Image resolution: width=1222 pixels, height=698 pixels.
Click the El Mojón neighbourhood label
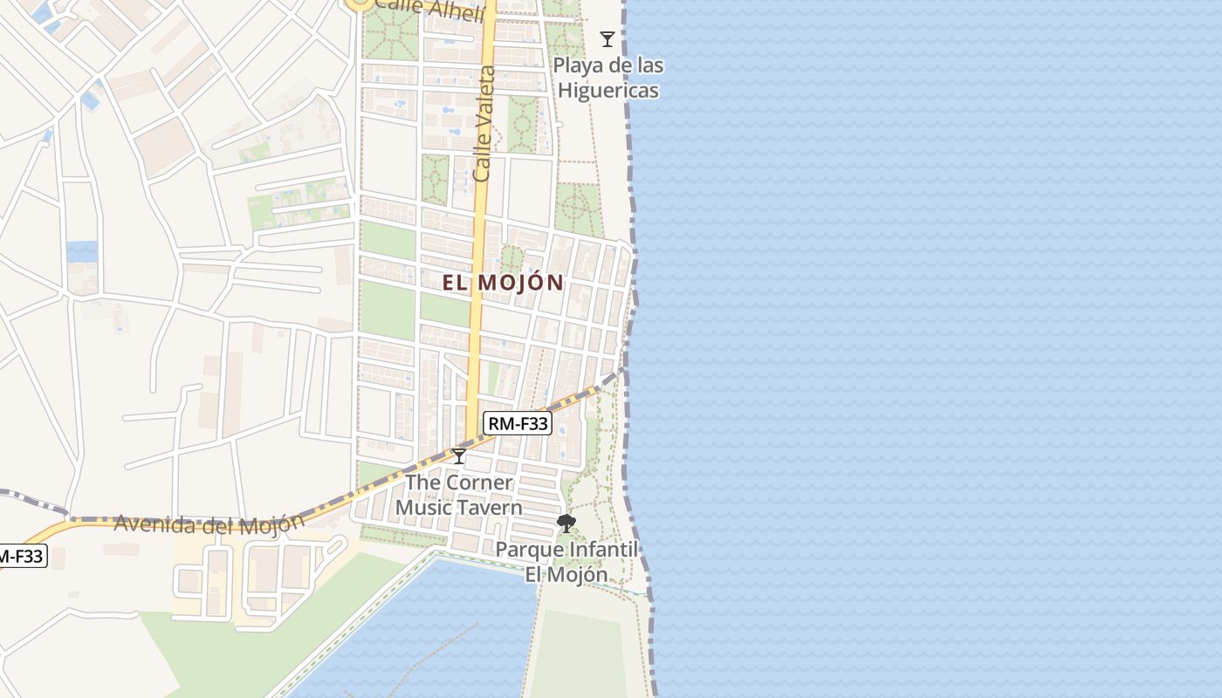point(503,283)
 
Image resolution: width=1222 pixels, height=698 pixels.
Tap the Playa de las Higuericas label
point(608,78)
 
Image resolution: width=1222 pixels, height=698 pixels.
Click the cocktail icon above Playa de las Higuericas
point(608,39)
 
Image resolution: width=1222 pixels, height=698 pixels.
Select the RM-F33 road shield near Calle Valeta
point(518,424)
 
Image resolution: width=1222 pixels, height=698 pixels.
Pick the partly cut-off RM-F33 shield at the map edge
point(21,556)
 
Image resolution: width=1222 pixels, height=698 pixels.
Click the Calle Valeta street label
point(484,123)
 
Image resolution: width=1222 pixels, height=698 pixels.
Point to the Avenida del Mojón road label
point(209,523)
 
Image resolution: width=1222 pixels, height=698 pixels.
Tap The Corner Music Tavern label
point(459,495)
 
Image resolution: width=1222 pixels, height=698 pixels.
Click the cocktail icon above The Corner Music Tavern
point(459,455)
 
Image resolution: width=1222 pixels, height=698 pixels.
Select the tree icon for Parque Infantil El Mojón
point(566,523)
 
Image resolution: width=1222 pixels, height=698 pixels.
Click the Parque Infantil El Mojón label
point(567,562)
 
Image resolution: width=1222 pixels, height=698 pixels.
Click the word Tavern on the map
point(491,508)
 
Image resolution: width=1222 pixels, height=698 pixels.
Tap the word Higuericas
point(608,90)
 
